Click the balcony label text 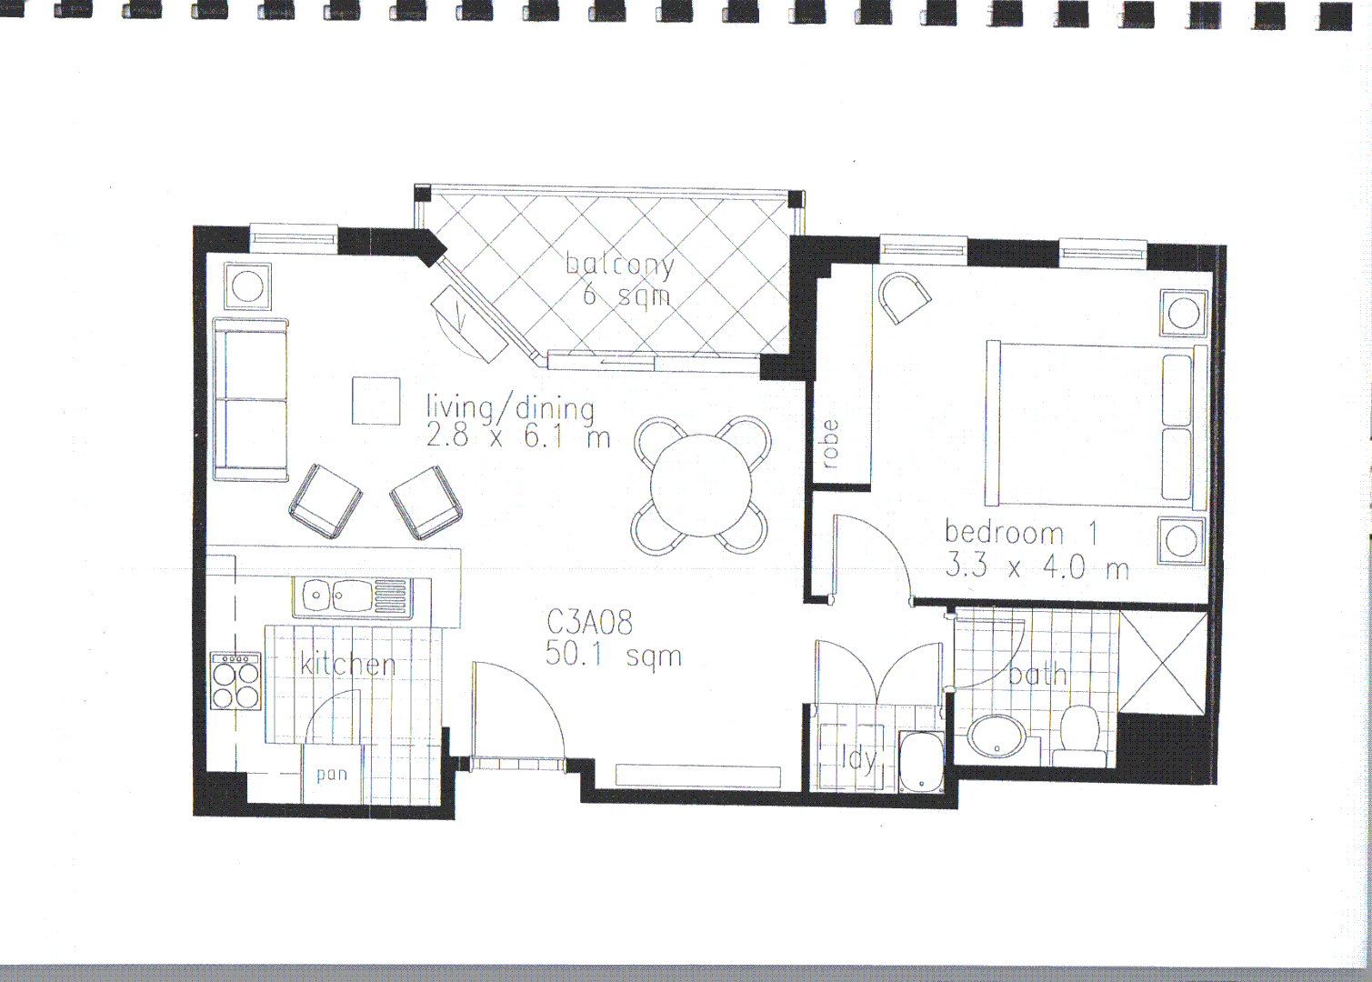pyautogui.click(x=620, y=264)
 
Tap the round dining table pyautogui.click(x=702, y=486)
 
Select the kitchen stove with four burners pyautogui.click(x=235, y=681)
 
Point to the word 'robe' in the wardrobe pyautogui.click(x=829, y=444)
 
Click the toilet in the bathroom pyautogui.click(x=1080, y=736)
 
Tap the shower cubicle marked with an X pyautogui.click(x=1163, y=661)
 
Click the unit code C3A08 pyautogui.click(x=589, y=623)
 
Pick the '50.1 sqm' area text pyautogui.click(x=613, y=655)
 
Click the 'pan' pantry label pyautogui.click(x=332, y=775)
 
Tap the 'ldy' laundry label pyautogui.click(x=857, y=757)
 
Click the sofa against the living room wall pyautogui.click(x=251, y=399)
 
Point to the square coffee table pyautogui.click(x=376, y=401)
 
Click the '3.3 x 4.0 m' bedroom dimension pyautogui.click(x=1037, y=567)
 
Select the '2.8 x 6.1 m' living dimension pyautogui.click(x=517, y=437)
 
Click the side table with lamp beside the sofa pyautogui.click(x=247, y=287)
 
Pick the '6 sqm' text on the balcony pyautogui.click(x=626, y=296)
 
